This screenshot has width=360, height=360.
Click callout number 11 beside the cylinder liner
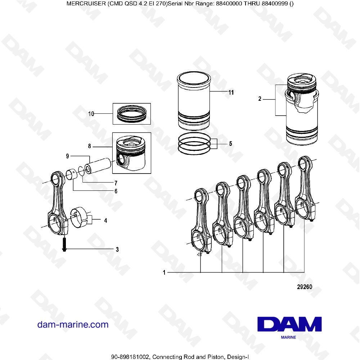coord(231,93)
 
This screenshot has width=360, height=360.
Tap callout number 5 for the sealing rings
coord(230,143)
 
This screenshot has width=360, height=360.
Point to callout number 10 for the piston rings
coord(91,114)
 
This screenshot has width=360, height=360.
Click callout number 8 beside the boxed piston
coord(90,147)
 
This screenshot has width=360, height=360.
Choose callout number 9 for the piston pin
coord(67,156)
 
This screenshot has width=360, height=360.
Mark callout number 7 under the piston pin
coord(116,183)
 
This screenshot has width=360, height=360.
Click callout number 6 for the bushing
coord(116,191)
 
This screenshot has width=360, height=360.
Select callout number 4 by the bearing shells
coord(105,220)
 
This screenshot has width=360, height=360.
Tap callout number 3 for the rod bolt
coord(117,249)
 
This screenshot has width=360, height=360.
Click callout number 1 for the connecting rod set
coord(164,273)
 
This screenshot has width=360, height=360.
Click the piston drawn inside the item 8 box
coord(131,153)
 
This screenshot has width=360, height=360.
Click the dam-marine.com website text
coord(73,324)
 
